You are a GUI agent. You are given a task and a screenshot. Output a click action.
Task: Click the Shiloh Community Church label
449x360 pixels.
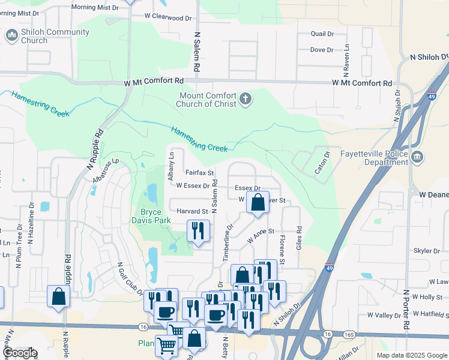(x=34, y=36)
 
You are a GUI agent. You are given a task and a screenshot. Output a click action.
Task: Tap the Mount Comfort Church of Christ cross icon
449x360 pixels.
(x=245, y=99)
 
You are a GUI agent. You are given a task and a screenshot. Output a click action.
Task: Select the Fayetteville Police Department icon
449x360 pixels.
(x=418, y=158)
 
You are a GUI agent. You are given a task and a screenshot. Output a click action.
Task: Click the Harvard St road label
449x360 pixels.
(x=192, y=211)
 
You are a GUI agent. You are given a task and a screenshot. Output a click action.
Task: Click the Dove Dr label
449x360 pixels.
(x=322, y=50)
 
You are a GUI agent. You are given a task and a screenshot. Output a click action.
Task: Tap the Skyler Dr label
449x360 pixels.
(x=427, y=250)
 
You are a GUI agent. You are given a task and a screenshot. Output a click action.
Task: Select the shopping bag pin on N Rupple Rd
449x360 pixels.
(x=58, y=296)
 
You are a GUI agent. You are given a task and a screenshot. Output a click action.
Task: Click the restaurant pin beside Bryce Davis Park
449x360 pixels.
(x=198, y=230)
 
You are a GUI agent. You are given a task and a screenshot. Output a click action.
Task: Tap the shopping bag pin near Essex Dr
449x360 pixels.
(x=258, y=202)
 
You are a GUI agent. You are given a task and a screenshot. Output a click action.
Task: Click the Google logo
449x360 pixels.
(x=20, y=353)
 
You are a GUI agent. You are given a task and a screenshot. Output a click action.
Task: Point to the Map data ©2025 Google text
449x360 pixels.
(x=411, y=355)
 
